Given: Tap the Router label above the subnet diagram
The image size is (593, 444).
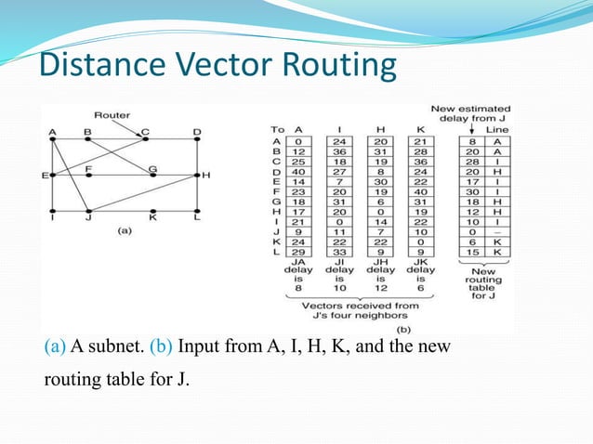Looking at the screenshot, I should (x=112, y=116).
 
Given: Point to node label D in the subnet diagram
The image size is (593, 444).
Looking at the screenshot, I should (x=196, y=132).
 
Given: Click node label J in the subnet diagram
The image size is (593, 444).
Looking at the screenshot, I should (x=86, y=219).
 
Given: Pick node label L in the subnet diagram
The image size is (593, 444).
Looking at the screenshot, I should (x=196, y=219).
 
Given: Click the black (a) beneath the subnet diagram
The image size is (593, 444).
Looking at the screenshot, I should (x=123, y=232).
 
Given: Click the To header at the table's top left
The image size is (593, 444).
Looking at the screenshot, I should (x=276, y=129).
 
